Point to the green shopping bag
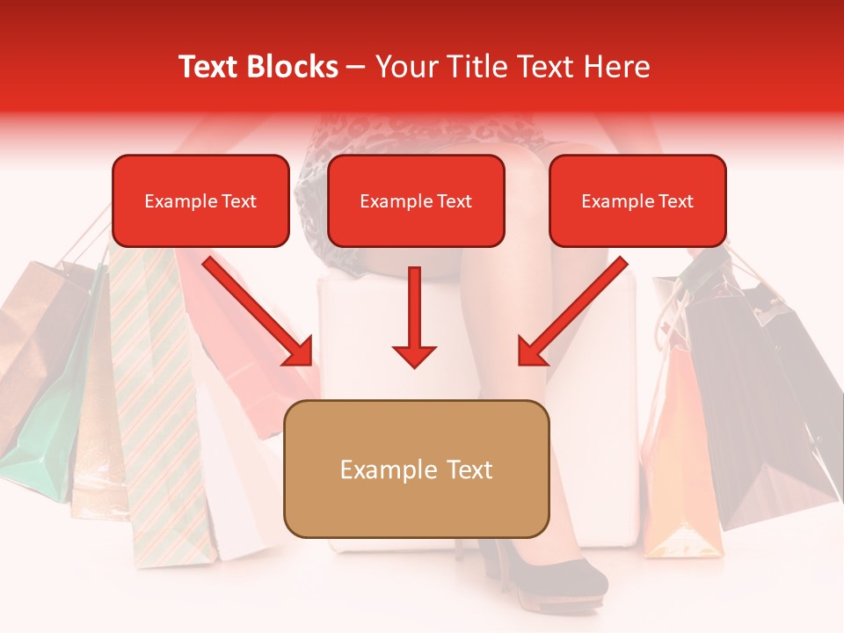tap(44, 440)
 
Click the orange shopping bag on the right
tap(677, 466)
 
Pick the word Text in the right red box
tap(674, 201)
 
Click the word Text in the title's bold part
tap(209, 67)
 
